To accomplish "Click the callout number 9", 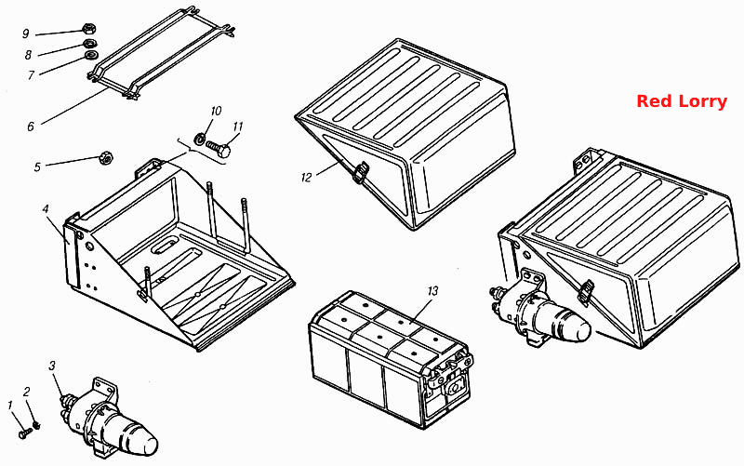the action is click(26, 33).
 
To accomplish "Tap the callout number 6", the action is click(31, 126).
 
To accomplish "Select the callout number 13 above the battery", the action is click(432, 290).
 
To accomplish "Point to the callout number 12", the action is click(307, 178).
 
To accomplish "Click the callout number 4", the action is click(46, 209).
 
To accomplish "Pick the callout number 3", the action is click(52, 366).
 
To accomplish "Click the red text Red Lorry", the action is click(682, 101).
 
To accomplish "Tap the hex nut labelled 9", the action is click(87, 29).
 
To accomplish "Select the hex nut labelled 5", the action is click(105, 157).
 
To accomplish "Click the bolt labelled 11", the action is click(219, 148).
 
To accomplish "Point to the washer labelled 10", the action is click(200, 139).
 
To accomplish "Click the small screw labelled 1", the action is click(25, 433).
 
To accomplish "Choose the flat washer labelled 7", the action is click(90, 56).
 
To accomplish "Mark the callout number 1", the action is click(10, 405).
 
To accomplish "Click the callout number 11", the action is click(238, 126).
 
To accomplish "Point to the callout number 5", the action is click(37, 167).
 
